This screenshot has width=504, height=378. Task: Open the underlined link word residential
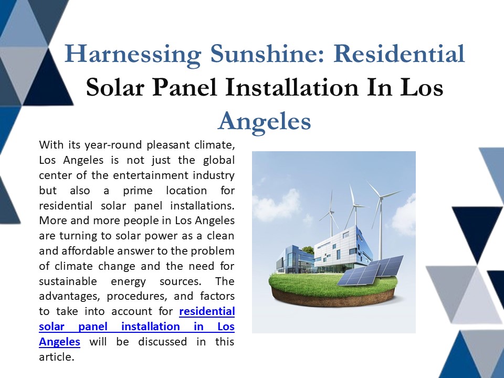207,311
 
